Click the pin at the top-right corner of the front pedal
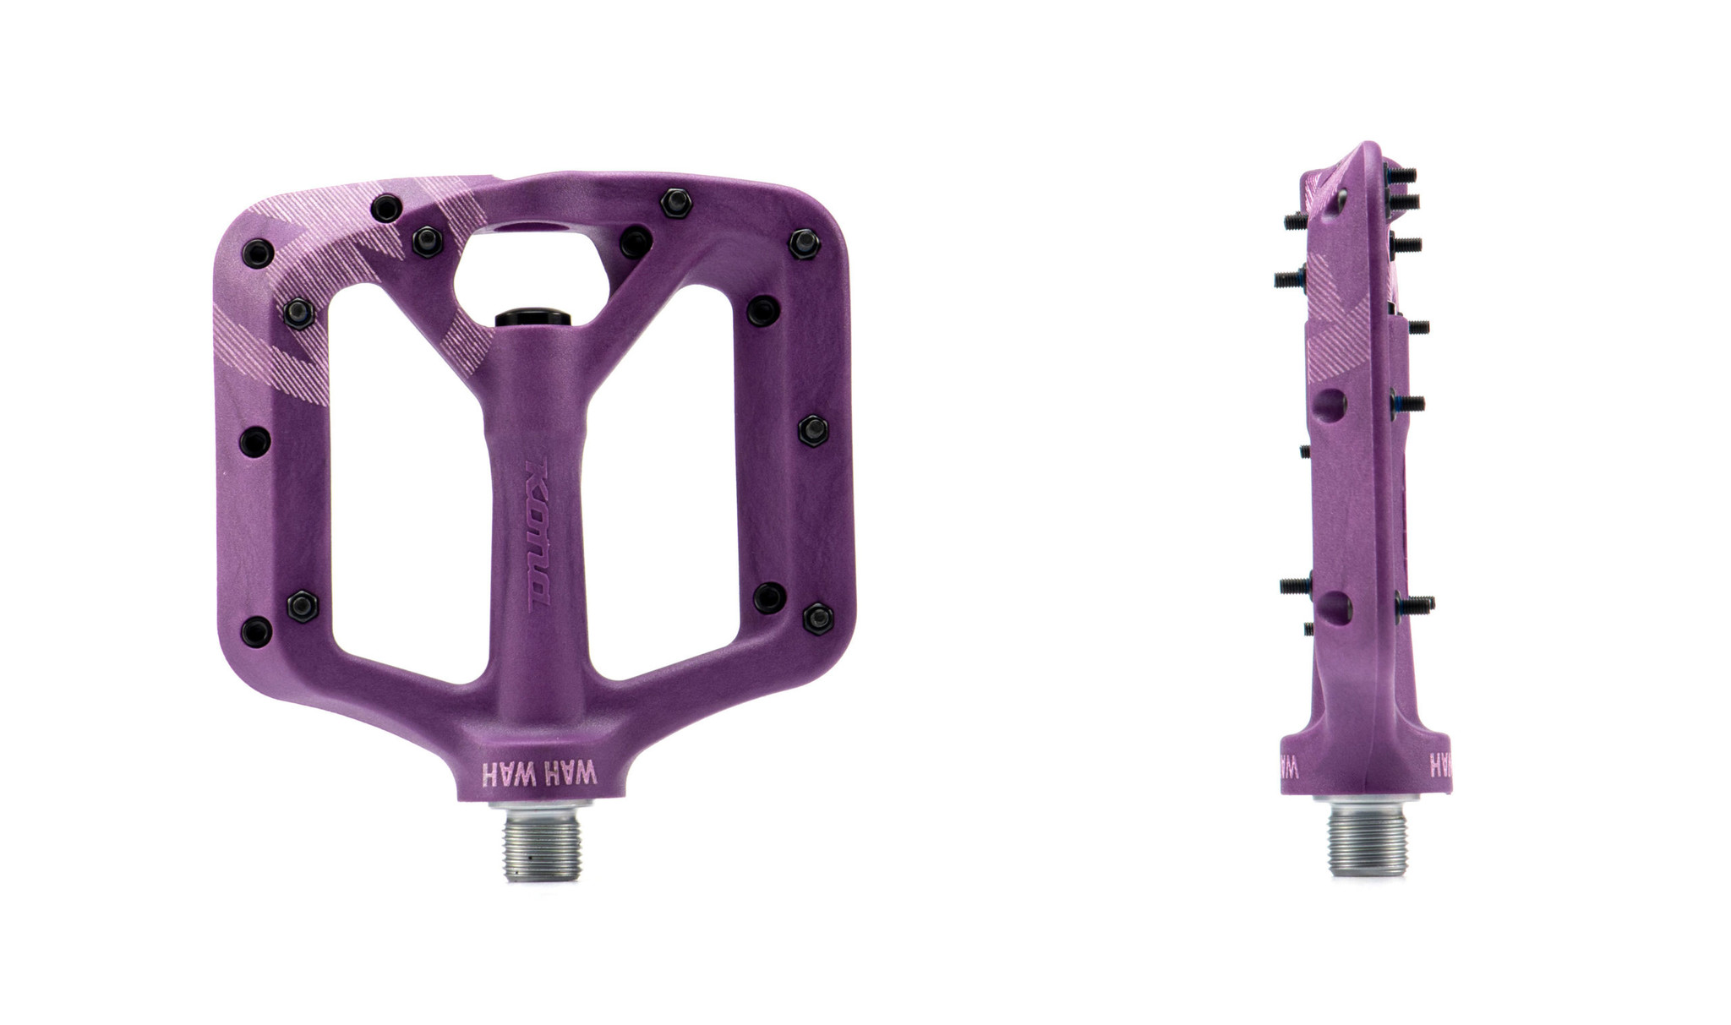click(x=804, y=243)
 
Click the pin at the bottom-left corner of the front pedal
click(x=257, y=630)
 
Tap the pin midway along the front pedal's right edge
click(x=813, y=431)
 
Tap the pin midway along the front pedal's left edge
click(x=255, y=440)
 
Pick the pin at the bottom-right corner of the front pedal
click(x=817, y=618)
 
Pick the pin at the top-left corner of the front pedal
click(x=258, y=252)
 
